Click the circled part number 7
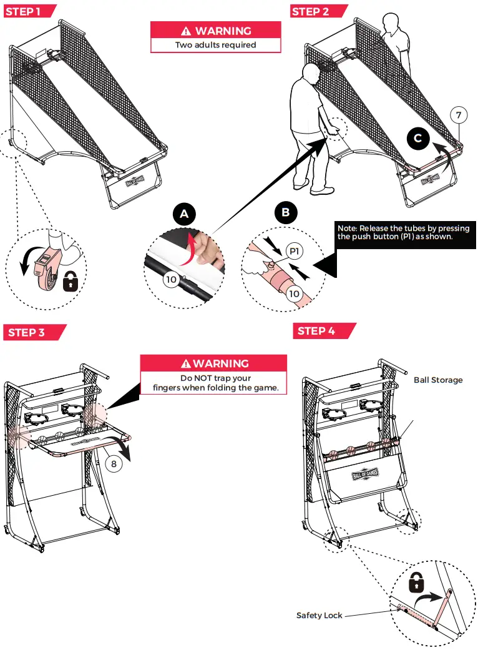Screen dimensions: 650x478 [x=459, y=115]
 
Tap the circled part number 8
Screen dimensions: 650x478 [x=114, y=464]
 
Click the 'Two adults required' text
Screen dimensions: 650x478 [x=215, y=44]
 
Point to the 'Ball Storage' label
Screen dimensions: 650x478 [x=438, y=379]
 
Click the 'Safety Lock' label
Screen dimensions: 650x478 [x=319, y=615]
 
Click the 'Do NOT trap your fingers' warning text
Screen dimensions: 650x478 [x=215, y=383]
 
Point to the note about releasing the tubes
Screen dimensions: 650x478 [x=403, y=232]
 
